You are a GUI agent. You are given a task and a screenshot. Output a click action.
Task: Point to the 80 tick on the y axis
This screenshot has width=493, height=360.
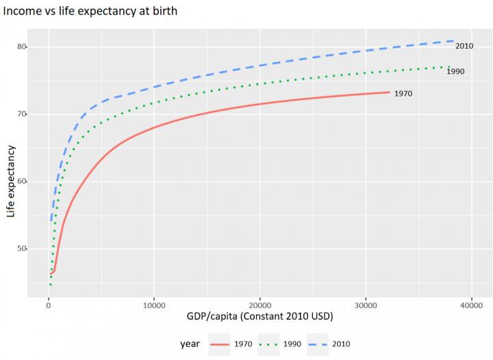(22, 47)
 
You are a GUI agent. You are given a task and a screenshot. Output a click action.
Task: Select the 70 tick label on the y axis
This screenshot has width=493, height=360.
(22, 114)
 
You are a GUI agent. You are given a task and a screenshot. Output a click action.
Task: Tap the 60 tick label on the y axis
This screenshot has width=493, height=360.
(22, 181)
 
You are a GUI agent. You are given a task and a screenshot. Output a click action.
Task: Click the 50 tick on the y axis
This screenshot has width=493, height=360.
(22, 248)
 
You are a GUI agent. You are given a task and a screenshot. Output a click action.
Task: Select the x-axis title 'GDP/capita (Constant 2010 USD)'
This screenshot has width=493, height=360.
(260, 318)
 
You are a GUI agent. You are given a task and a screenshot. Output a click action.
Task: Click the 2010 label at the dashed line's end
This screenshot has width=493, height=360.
(464, 46)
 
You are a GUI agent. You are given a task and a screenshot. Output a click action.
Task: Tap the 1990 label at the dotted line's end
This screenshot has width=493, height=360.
(456, 71)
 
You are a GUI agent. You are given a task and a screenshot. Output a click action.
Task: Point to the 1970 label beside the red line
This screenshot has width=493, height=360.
(403, 94)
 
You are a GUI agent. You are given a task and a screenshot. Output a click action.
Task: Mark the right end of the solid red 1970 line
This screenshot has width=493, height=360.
(389, 92)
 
